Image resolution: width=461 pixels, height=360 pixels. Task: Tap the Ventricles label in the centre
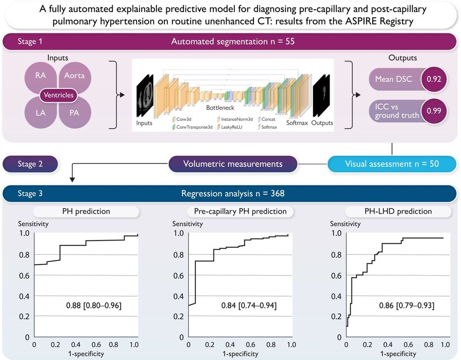pyautogui.click(x=58, y=95)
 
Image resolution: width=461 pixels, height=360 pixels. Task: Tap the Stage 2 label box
pyautogui.click(x=30, y=164)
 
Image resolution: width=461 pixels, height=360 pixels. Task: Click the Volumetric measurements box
pyautogui.click(x=233, y=164)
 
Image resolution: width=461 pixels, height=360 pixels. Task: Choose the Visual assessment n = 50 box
pyautogui.click(x=392, y=164)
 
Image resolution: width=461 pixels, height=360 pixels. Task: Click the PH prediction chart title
pyautogui.click(x=87, y=211)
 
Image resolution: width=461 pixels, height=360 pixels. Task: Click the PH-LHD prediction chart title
pyautogui.click(x=394, y=211)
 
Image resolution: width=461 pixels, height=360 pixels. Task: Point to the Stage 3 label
pyautogui.click(x=30, y=194)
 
